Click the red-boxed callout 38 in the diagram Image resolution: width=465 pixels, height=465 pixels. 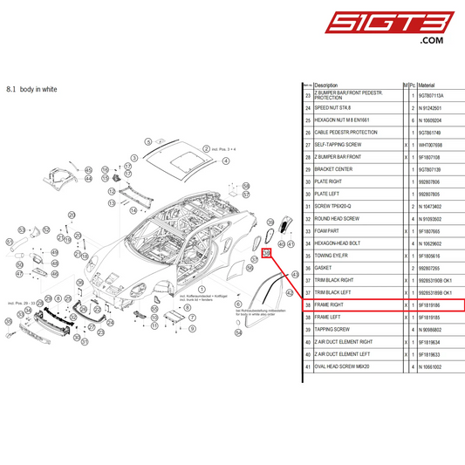[x=267, y=253]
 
